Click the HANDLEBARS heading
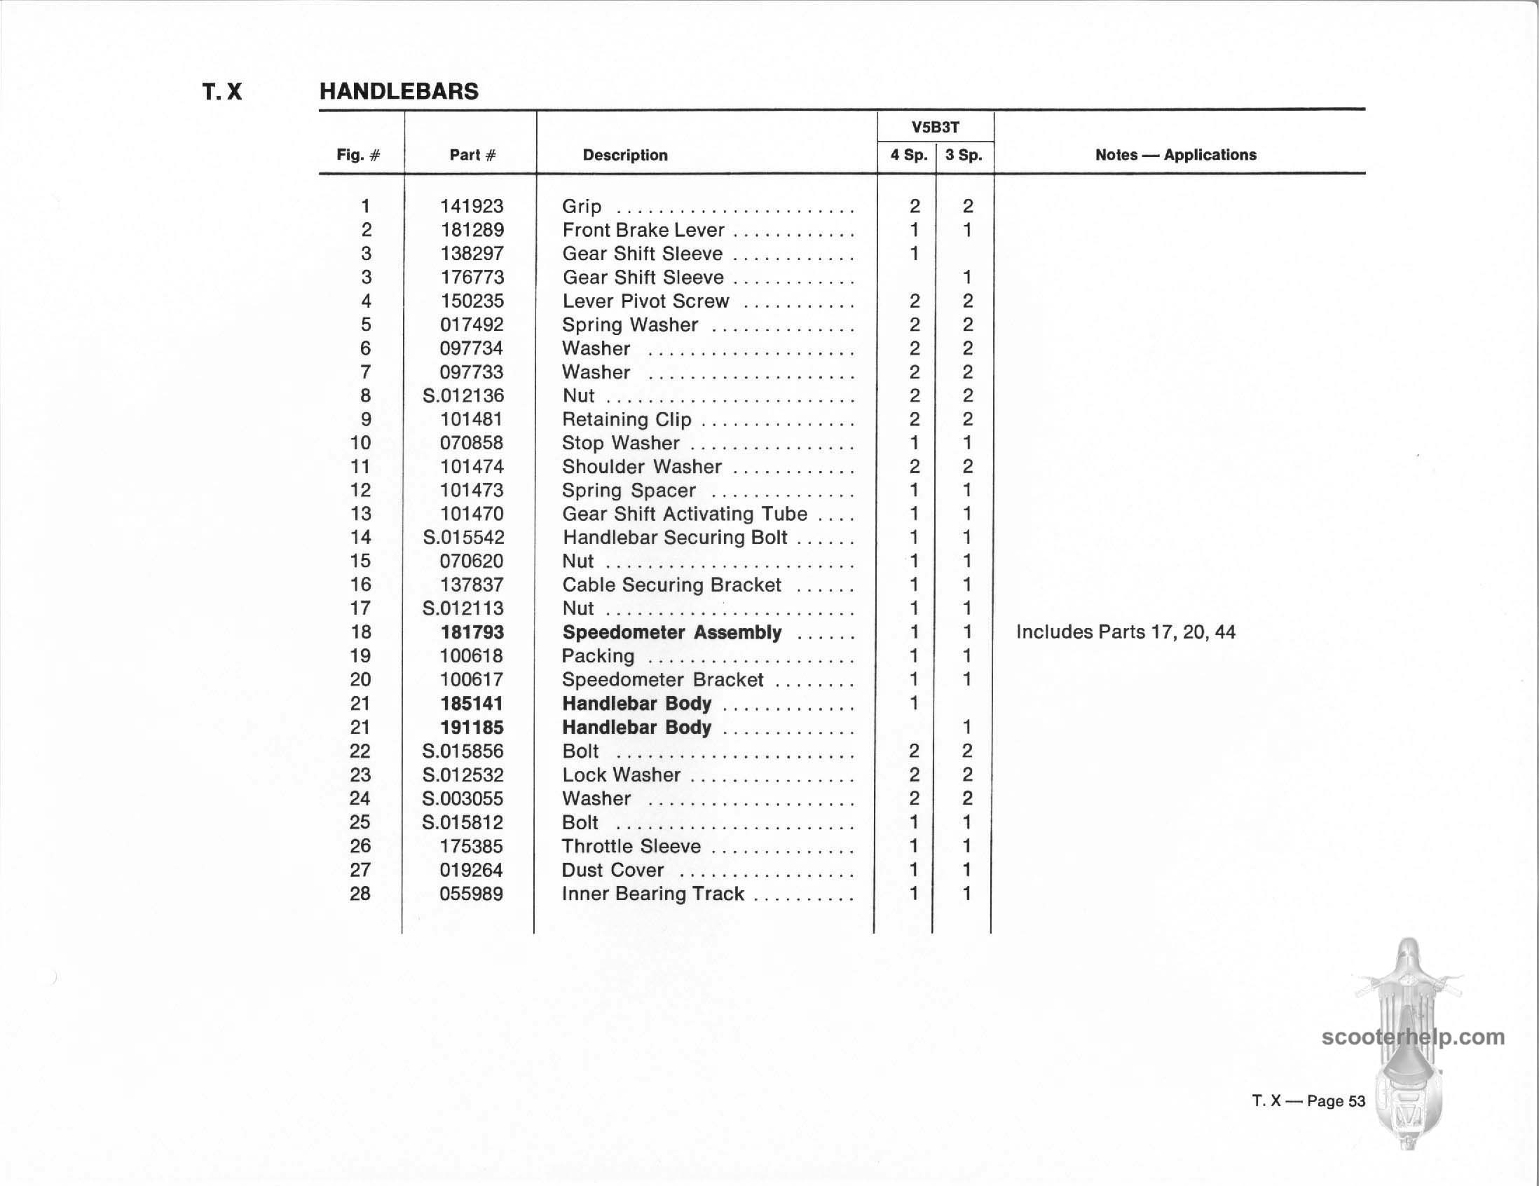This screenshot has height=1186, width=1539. (399, 92)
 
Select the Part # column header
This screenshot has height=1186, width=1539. (472, 155)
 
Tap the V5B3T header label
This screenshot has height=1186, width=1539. (935, 128)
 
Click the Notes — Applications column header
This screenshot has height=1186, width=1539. (1175, 155)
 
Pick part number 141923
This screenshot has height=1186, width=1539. (472, 207)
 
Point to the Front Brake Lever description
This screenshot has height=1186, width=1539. (643, 231)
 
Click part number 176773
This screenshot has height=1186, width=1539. (472, 278)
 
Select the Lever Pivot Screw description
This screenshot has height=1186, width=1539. (645, 301)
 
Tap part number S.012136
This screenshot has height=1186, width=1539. (463, 396)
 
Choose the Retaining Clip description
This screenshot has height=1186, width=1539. (627, 420)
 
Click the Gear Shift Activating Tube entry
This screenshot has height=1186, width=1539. (684, 514)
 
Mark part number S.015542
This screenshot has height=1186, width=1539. (463, 538)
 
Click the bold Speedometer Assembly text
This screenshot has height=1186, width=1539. (671, 633)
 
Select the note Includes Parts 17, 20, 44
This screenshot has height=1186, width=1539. (1126, 632)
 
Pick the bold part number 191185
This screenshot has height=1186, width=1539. (472, 728)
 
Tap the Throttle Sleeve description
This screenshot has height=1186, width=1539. (631, 846)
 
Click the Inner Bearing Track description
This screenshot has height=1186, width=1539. (652, 894)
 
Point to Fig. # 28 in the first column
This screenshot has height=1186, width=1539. (360, 894)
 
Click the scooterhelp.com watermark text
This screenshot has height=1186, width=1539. (1413, 1037)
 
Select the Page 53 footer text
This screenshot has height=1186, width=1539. (1308, 1100)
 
